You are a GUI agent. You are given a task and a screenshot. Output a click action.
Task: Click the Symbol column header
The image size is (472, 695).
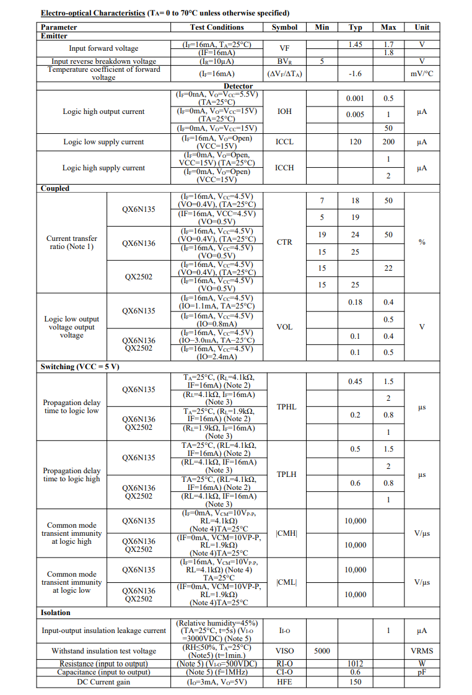coord(284,27)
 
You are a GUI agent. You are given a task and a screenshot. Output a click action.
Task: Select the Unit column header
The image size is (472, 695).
coord(422,27)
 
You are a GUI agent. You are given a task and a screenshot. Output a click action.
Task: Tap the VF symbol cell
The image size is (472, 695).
coord(284,48)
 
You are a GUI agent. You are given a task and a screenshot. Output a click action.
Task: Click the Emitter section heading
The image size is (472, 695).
coord(54,36)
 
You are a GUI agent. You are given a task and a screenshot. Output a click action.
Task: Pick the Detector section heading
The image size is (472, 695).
coord(238,86)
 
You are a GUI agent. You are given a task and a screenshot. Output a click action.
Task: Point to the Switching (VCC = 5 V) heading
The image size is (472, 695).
coord(80,367)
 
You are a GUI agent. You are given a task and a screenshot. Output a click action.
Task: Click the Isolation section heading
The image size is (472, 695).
coord(56,613)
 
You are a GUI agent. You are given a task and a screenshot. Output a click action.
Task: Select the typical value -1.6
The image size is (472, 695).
coord(355,74)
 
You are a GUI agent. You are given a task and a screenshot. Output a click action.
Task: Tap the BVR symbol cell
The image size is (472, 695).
coord(284,61)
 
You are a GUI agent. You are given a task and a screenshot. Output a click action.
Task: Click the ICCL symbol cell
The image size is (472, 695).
coord(284,142)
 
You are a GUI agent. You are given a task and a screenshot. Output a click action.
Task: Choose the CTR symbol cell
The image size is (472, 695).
coord(284,242)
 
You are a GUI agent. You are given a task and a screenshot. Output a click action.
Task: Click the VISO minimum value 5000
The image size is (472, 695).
coord(322,651)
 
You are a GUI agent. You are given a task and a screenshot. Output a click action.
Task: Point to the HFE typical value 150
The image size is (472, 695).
coord(355,682)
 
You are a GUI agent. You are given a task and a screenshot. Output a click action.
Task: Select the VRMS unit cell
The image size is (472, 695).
coord(422,651)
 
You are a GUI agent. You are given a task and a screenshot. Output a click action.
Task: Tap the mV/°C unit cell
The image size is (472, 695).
coord(422,74)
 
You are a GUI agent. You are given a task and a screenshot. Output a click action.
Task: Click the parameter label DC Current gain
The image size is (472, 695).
coord(103,682)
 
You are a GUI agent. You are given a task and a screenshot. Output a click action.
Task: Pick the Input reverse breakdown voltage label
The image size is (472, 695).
coord(103,61)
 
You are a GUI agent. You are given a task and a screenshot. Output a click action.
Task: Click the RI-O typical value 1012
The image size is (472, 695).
coord(355,663)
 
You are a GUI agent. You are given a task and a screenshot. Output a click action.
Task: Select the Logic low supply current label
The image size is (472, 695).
coord(103,142)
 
